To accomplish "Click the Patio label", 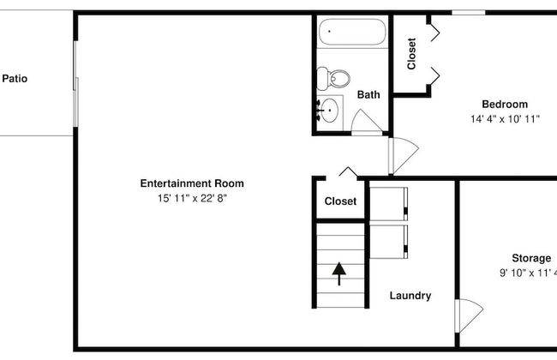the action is pos(15,78).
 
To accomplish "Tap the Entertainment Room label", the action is pos(192,183).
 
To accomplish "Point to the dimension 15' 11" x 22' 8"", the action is pos(192,198).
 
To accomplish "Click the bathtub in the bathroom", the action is pos(351,32).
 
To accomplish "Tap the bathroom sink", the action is pos(329,111).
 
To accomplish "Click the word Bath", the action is pos(368,94).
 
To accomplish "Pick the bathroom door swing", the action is pos(367,123).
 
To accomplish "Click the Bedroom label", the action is pos(505,104).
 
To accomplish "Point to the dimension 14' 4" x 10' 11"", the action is pos(505,118).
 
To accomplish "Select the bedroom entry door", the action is pos(404,155).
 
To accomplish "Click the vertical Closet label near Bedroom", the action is pos(411,54).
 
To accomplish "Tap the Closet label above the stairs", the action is pos(340,201).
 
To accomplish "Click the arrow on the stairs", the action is pos(338,273).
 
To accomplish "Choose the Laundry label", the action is pos(410,296).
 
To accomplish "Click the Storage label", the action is pos(531,258).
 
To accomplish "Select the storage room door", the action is pos(469,315).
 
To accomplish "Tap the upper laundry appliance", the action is pos(389,204).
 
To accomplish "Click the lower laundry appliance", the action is pos(389,242).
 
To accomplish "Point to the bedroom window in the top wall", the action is pos(469,13).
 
